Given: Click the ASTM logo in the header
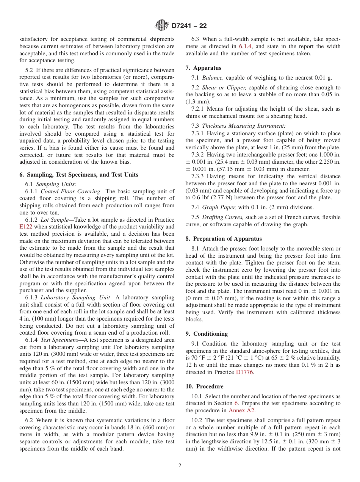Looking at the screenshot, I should tap(162, 26).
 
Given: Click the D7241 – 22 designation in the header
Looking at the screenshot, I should tap(189, 26).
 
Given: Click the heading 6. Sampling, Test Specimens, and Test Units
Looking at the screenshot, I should tap(79, 175).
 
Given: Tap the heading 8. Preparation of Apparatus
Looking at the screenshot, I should tap(224, 239).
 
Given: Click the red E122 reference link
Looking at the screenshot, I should tap(26, 227).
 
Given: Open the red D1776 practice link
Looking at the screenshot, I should tap(244, 372).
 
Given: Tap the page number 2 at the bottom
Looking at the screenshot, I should tap(180, 466).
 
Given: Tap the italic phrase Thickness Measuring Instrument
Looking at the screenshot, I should tap(244, 126).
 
